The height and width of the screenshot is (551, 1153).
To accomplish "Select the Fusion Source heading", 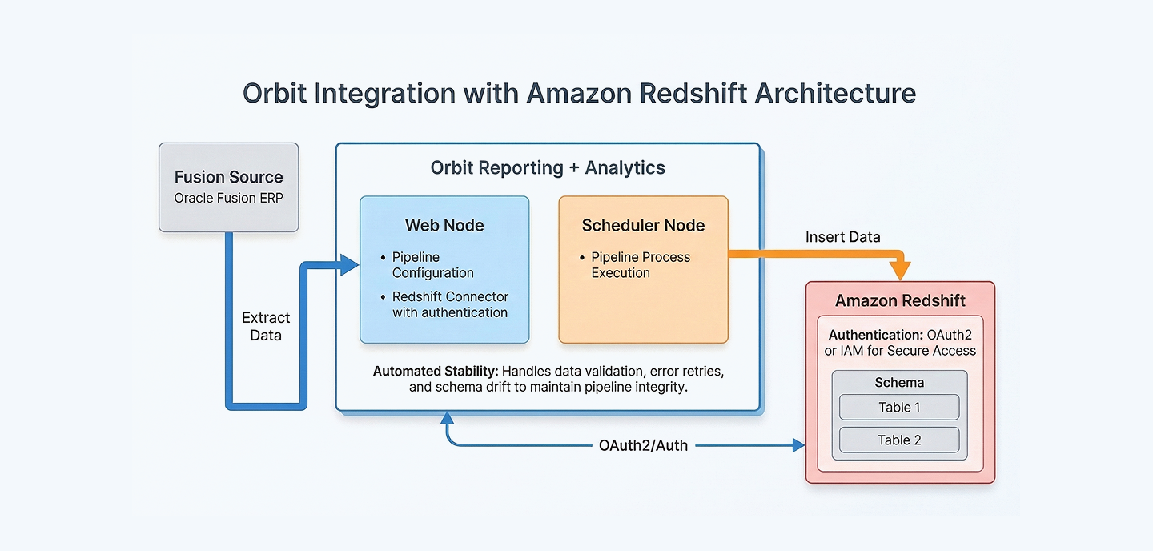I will pyautogui.click(x=228, y=177).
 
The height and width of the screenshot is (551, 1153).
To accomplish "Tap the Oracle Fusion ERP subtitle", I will pyautogui.click(x=228, y=198).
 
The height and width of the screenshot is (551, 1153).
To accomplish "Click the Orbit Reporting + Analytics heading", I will pyautogui.click(x=548, y=167).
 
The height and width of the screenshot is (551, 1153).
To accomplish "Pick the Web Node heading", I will pyautogui.click(x=444, y=225).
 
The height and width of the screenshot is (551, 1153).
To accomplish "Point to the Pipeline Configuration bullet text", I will pyautogui.click(x=432, y=265).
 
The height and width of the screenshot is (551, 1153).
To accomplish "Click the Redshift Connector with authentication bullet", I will pyautogui.click(x=449, y=304).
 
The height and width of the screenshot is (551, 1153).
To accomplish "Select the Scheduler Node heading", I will pyautogui.click(x=643, y=225).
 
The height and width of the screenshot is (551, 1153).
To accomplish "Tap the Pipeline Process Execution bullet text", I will pyautogui.click(x=640, y=265).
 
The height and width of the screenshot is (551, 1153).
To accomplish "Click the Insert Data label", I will pyautogui.click(x=842, y=237).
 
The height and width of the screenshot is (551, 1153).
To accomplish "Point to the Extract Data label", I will pyautogui.click(x=265, y=327).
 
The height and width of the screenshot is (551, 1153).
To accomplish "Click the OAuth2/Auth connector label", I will pyautogui.click(x=643, y=445).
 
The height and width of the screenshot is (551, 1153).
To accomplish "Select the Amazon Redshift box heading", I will pyautogui.click(x=900, y=301).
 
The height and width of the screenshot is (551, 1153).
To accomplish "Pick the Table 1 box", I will pyautogui.click(x=899, y=407).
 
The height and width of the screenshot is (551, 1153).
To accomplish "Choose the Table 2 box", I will pyautogui.click(x=899, y=440).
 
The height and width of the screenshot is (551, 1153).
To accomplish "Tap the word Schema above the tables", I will pyautogui.click(x=899, y=383).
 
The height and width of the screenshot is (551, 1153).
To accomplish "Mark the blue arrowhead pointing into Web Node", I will pyautogui.click(x=350, y=265).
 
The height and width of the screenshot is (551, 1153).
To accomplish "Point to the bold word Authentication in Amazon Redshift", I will pyautogui.click(x=874, y=335).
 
